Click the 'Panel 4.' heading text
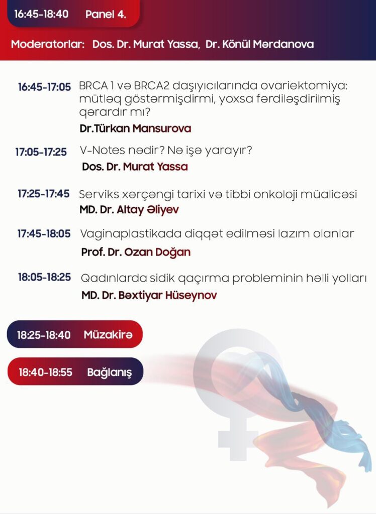pyautogui.click(x=106, y=14)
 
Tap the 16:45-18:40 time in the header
pyautogui.click(x=41, y=14)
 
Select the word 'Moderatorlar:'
pyautogui.click(x=48, y=44)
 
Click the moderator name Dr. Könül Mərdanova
pyautogui.click(x=259, y=44)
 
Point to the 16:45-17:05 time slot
pyautogui.click(x=44, y=87)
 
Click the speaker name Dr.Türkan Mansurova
pyautogui.click(x=135, y=128)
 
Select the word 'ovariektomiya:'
pyautogui.click(x=304, y=86)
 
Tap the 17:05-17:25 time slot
pyautogui.click(x=41, y=152)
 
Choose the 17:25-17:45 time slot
pyautogui.click(x=44, y=194)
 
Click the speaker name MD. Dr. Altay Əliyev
pyautogui.click(x=129, y=210)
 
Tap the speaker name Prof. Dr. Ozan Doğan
pyautogui.click(x=136, y=252)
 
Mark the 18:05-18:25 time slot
pyautogui.click(x=44, y=277)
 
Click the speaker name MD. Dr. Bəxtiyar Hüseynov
pyautogui.click(x=149, y=295)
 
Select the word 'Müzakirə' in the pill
pyautogui.click(x=108, y=335)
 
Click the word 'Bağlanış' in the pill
pyautogui.click(x=110, y=372)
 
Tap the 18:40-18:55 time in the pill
pyautogui.click(x=45, y=372)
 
